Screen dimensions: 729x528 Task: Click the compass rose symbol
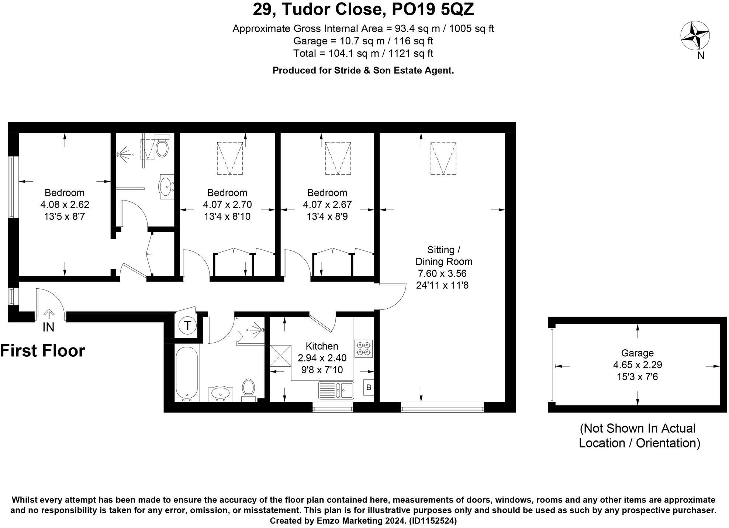(x=695, y=36)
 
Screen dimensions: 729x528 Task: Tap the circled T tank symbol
(x=187, y=326)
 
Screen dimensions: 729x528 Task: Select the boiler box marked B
(x=369, y=388)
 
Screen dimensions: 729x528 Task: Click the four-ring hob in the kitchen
(x=363, y=349)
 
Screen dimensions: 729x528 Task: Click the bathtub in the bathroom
(x=187, y=373)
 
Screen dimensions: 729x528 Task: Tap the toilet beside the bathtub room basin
(x=249, y=389)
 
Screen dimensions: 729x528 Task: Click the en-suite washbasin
(x=166, y=186)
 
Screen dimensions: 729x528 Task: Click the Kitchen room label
(x=322, y=346)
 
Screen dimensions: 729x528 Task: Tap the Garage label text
(x=637, y=353)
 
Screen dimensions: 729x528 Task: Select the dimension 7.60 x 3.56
(x=442, y=273)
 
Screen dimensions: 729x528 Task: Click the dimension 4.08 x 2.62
(x=65, y=204)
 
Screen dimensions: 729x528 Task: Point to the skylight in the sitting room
(x=443, y=158)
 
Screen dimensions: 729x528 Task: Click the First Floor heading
(x=43, y=350)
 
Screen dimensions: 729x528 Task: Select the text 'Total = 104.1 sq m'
(x=336, y=54)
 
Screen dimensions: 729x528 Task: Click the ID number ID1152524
(x=433, y=521)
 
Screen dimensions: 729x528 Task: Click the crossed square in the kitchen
(x=280, y=356)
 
